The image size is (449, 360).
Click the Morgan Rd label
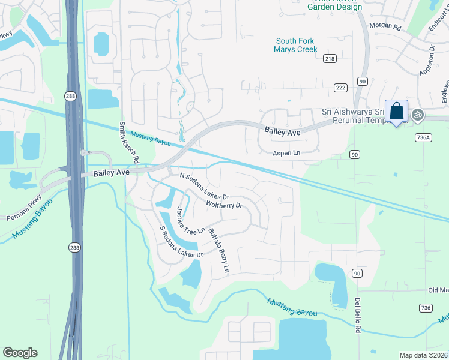click(x=388, y=26)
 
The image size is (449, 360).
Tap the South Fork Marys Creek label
click(x=295, y=45)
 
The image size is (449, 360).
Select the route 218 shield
click(x=330, y=58)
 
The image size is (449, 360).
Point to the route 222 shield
click(x=340, y=88)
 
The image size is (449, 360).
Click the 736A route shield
click(x=423, y=137)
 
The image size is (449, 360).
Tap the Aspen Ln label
click(x=286, y=154)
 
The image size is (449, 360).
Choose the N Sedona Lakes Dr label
click(x=205, y=186)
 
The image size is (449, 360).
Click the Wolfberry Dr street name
click(x=224, y=205)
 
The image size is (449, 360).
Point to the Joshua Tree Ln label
click(x=190, y=221)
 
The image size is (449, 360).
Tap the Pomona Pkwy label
click(x=25, y=208)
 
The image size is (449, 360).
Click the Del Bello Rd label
click(x=358, y=314)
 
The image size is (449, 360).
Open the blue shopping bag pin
click(x=396, y=112)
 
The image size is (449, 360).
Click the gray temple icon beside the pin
click(x=417, y=114)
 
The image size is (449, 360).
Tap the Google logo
click(x=20, y=353)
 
